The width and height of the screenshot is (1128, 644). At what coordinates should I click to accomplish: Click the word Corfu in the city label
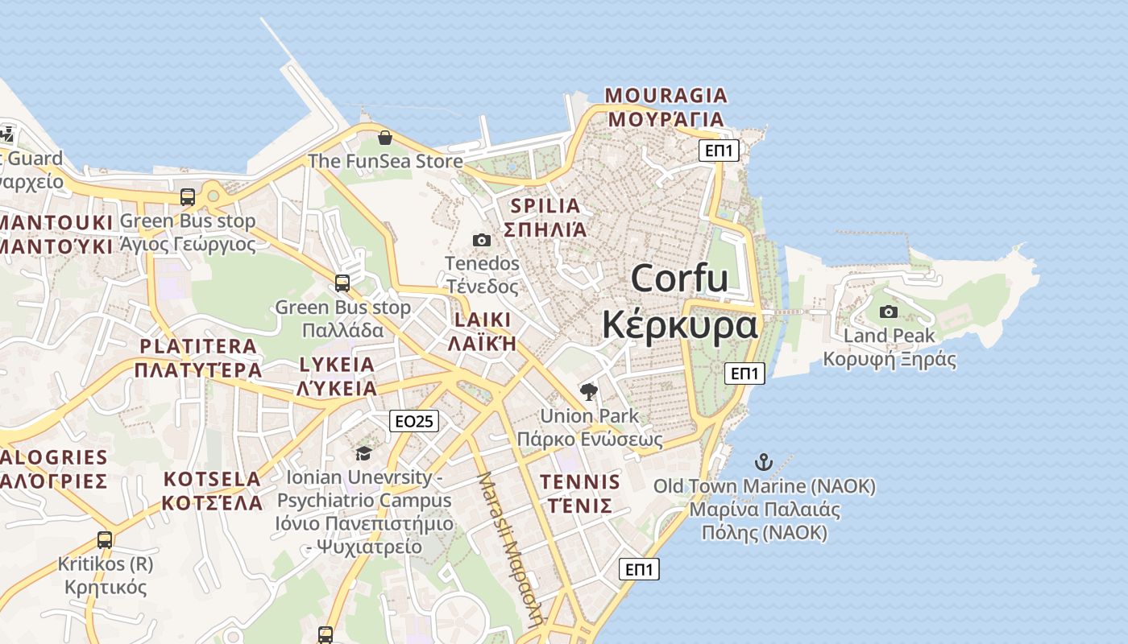pos(679,279)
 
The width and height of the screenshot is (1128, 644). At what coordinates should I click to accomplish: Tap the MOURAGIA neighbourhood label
pos(666,96)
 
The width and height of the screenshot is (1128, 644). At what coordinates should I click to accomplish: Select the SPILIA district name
pos(545,206)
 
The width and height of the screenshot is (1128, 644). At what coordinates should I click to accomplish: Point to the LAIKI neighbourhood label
pos(482,320)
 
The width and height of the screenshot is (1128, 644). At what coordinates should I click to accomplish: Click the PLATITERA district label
pos(198,347)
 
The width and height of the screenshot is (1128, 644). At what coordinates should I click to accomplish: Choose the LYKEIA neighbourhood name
pos(337,365)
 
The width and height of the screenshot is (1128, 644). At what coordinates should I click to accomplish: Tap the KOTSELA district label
pos(212,480)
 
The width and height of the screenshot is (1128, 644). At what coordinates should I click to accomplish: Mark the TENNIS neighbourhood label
pos(580,482)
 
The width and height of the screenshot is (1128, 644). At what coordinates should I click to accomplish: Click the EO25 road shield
pos(413,420)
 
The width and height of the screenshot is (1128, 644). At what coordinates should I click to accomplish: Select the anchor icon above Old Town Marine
pos(763,462)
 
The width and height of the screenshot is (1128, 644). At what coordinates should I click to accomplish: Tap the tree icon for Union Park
pos(589,392)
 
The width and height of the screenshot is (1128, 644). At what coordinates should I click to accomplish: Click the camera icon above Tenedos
pos(481,240)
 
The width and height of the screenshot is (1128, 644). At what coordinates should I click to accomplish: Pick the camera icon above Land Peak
pos(889,312)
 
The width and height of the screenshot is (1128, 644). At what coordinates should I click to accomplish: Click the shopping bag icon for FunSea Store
pos(384,138)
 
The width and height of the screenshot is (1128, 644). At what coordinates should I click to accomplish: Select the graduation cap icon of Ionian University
pos(363,454)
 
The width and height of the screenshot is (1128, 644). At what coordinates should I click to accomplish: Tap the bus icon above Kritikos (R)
pos(105,540)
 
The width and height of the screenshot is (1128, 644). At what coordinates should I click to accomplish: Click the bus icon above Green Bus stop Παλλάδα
pos(342,283)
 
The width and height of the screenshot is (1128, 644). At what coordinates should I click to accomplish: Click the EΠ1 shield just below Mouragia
pos(718,151)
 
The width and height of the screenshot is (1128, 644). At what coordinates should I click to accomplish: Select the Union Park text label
pos(589,416)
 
